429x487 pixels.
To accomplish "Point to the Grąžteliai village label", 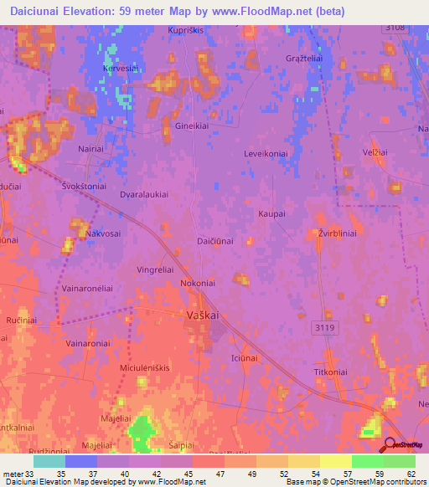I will pyautogui.click(x=305, y=59).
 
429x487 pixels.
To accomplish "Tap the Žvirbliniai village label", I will pyautogui.click(x=338, y=233).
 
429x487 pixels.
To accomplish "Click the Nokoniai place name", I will pyautogui.click(x=199, y=284).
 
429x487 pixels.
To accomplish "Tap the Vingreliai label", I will pyautogui.click(x=155, y=270).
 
